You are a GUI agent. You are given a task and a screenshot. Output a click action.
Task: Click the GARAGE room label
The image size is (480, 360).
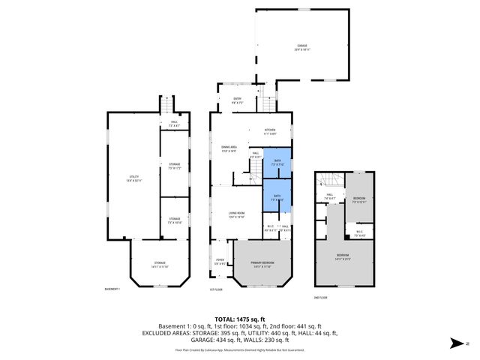[301, 46]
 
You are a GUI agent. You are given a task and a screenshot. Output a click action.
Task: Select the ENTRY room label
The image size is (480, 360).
[237, 97]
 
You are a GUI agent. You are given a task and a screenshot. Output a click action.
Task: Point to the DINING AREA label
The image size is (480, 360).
[229, 148]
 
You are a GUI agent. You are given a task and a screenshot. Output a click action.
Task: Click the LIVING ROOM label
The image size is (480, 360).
[238, 214]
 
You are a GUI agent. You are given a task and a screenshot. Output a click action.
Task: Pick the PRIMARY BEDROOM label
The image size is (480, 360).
[262, 262]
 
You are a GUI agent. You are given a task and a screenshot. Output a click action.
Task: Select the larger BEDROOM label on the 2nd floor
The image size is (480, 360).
[343, 257]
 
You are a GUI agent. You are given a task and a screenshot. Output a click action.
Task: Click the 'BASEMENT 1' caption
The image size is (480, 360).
[112, 289]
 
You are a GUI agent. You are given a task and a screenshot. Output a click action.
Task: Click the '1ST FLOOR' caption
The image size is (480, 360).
[217, 289]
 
